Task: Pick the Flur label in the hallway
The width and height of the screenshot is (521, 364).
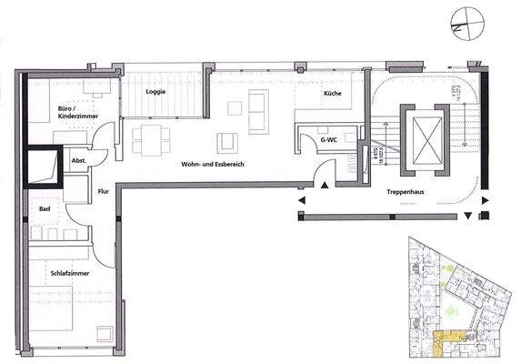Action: [103, 191]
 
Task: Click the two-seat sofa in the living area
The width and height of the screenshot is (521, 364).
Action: [258, 112]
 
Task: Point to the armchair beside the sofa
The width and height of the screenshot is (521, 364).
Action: [225, 144]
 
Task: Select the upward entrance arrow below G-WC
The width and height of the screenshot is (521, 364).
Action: [326, 187]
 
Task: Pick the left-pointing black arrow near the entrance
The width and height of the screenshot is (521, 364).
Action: [300, 195]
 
